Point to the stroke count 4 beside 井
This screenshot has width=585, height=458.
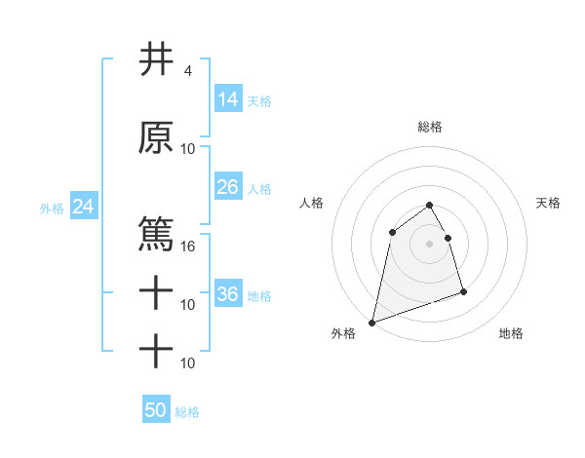[187, 71]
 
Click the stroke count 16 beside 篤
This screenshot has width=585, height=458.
[189, 247]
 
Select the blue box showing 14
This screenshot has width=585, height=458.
[227, 98]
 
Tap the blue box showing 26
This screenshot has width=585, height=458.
[227, 187]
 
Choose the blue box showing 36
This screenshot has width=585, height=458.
[227, 294]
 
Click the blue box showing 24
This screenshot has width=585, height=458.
[83, 207]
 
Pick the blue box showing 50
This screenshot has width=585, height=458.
[156, 410]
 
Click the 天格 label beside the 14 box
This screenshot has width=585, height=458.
[259, 100]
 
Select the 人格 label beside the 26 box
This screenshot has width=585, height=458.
[259, 188]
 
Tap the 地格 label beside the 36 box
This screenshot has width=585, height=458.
[259, 295]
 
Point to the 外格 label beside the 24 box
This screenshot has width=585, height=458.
[52, 208]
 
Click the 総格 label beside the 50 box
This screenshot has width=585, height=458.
[187, 412]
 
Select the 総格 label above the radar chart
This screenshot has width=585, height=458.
[430, 127]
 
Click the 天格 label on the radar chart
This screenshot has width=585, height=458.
[548, 203]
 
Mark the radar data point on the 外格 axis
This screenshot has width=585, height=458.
[371, 322]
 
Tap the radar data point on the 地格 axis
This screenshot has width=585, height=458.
[463, 291]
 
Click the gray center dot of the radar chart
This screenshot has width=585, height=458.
[429, 244]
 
